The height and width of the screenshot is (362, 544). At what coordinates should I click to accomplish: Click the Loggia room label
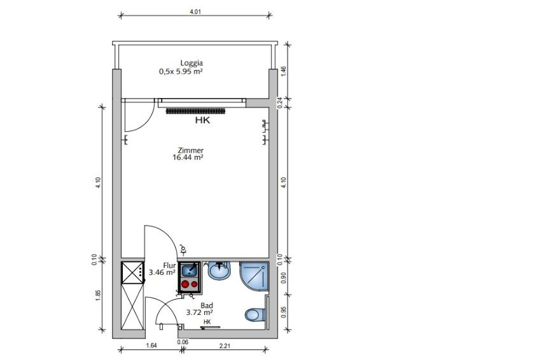(192, 63)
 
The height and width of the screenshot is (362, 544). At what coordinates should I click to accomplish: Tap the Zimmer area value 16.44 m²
(188, 157)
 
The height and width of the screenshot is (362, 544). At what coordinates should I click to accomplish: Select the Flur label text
(169, 265)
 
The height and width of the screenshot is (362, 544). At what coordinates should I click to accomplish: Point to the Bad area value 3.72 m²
(200, 312)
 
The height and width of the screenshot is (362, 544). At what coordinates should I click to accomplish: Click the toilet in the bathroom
(255, 315)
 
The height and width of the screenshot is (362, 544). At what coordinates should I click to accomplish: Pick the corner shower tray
(255, 276)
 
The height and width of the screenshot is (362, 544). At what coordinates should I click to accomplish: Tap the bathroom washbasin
(220, 270)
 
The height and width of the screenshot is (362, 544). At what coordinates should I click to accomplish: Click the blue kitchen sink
(190, 269)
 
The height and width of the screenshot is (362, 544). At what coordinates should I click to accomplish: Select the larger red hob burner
(185, 284)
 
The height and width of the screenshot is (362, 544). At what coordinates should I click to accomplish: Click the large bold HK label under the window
(202, 120)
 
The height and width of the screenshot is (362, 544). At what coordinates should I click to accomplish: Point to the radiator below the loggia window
(196, 111)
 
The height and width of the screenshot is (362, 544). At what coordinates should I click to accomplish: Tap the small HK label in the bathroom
(207, 322)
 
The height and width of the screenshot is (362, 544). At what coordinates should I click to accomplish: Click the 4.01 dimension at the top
(195, 11)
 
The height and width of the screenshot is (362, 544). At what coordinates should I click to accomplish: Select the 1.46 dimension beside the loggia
(283, 71)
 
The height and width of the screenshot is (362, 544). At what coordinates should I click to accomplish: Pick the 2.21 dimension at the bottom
(225, 345)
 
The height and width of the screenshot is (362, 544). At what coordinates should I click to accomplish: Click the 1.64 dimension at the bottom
(151, 345)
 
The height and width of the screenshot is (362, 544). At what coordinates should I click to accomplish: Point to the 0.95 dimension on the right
(283, 312)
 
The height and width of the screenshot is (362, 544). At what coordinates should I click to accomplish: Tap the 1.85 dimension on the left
(98, 295)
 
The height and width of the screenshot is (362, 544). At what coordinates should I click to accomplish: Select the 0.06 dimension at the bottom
(183, 342)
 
